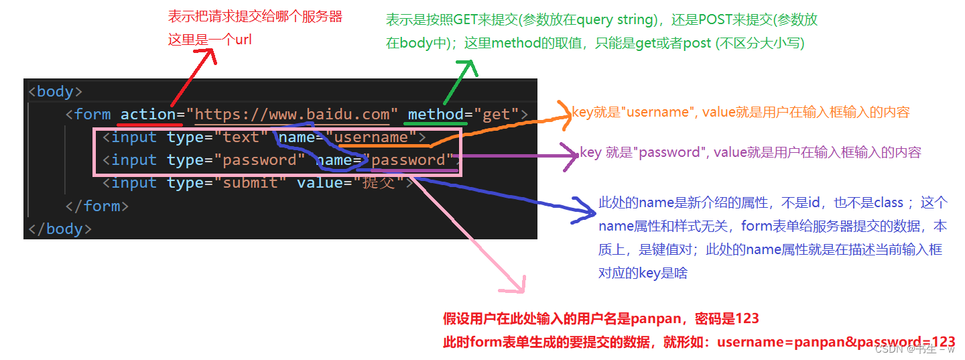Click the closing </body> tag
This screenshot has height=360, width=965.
tap(59, 229)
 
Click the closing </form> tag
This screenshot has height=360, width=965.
tap(96, 206)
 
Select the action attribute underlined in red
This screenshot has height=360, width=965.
tap(148, 114)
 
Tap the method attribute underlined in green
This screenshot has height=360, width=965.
tap(436, 114)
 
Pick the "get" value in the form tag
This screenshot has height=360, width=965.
tap(497, 114)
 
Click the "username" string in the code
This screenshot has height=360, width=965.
tap(371, 137)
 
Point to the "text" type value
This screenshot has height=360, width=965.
tap(241, 137)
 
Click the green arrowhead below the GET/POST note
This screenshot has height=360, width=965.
tap(467, 67)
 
